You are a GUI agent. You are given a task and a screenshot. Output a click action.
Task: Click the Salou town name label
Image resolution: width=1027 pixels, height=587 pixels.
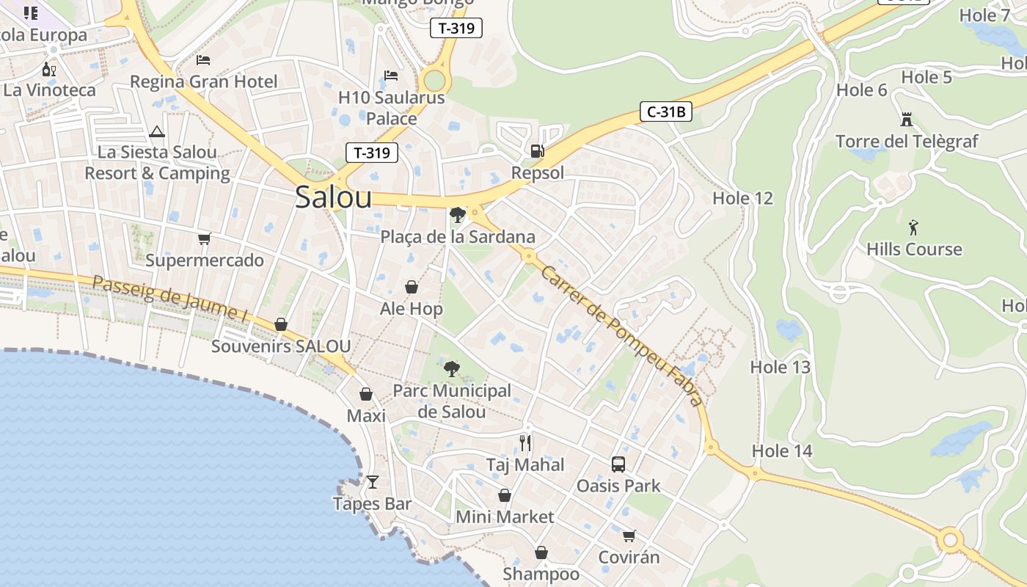(x=333, y=197)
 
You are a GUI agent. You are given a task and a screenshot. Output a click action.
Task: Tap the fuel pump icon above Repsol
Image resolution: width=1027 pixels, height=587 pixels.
(x=538, y=151)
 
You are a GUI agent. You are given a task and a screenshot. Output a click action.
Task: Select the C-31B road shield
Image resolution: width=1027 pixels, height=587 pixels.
(x=666, y=112)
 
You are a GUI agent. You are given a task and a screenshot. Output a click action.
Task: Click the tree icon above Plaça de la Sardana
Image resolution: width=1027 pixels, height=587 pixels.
(x=458, y=215)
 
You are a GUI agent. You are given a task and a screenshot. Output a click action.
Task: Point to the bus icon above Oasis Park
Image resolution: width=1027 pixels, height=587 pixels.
(x=618, y=464)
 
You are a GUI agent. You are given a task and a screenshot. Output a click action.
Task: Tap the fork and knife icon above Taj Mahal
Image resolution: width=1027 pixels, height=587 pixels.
(x=525, y=442)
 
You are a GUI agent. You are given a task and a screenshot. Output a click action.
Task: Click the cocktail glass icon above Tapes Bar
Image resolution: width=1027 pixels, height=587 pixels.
(x=373, y=482)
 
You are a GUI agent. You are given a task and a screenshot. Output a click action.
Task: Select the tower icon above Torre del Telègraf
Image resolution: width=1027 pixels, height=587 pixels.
(x=907, y=120)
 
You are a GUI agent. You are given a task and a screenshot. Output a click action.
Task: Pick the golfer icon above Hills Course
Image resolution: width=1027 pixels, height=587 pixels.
(x=913, y=227)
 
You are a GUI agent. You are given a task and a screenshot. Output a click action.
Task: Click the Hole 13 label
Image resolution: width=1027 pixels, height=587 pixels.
(x=780, y=367)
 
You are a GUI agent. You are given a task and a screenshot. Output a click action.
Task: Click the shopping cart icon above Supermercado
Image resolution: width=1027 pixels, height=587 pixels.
(x=204, y=239)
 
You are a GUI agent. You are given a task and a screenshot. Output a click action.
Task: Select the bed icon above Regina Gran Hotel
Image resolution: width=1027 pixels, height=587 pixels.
(x=203, y=59)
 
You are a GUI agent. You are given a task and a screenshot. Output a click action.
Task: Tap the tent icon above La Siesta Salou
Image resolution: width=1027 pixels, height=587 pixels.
(x=156, y=132)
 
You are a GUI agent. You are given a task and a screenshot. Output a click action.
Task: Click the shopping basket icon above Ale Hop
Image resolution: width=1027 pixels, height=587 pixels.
(x=412, y=287)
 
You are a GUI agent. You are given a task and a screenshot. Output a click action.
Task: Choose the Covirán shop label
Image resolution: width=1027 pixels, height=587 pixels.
(x=629, y=557)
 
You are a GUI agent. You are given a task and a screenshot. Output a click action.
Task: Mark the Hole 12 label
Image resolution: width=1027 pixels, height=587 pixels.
(x=742, y=198)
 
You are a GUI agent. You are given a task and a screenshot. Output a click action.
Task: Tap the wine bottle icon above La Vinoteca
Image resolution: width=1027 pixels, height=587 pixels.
(x=49, y=70)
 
